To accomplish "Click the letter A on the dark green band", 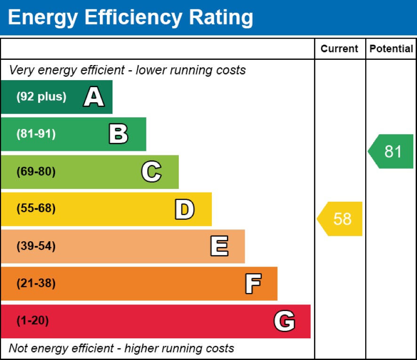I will tap(94, 97).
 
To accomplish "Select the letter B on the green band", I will tap(118, 134).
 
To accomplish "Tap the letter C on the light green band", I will tap(151, 172).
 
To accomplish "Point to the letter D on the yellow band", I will tap(184, 209).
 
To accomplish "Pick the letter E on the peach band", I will tap(219, 246).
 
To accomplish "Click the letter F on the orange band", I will tap(253, 284).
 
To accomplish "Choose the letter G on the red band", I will tap(284, 321).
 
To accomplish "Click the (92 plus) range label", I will tap(41, 97).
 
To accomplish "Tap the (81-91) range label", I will tap(36, 134).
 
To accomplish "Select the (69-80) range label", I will tap(36, 172).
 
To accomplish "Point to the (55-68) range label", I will tap(36, 209).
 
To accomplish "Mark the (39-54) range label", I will tap(36, 246).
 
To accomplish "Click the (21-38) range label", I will tap(36, 284).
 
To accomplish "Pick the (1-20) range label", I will tap(33, 321).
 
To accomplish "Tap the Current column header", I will tap(339, 49).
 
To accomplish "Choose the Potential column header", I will tap(391, 49).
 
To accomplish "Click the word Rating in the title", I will tap(221, 17).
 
